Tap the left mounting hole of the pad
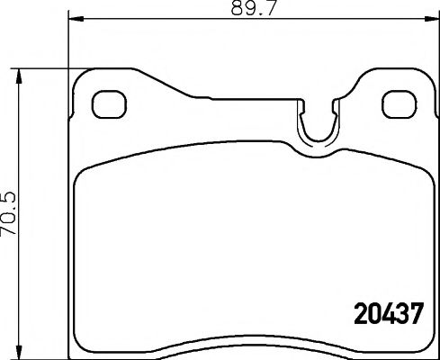108,103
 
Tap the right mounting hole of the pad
396,103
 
